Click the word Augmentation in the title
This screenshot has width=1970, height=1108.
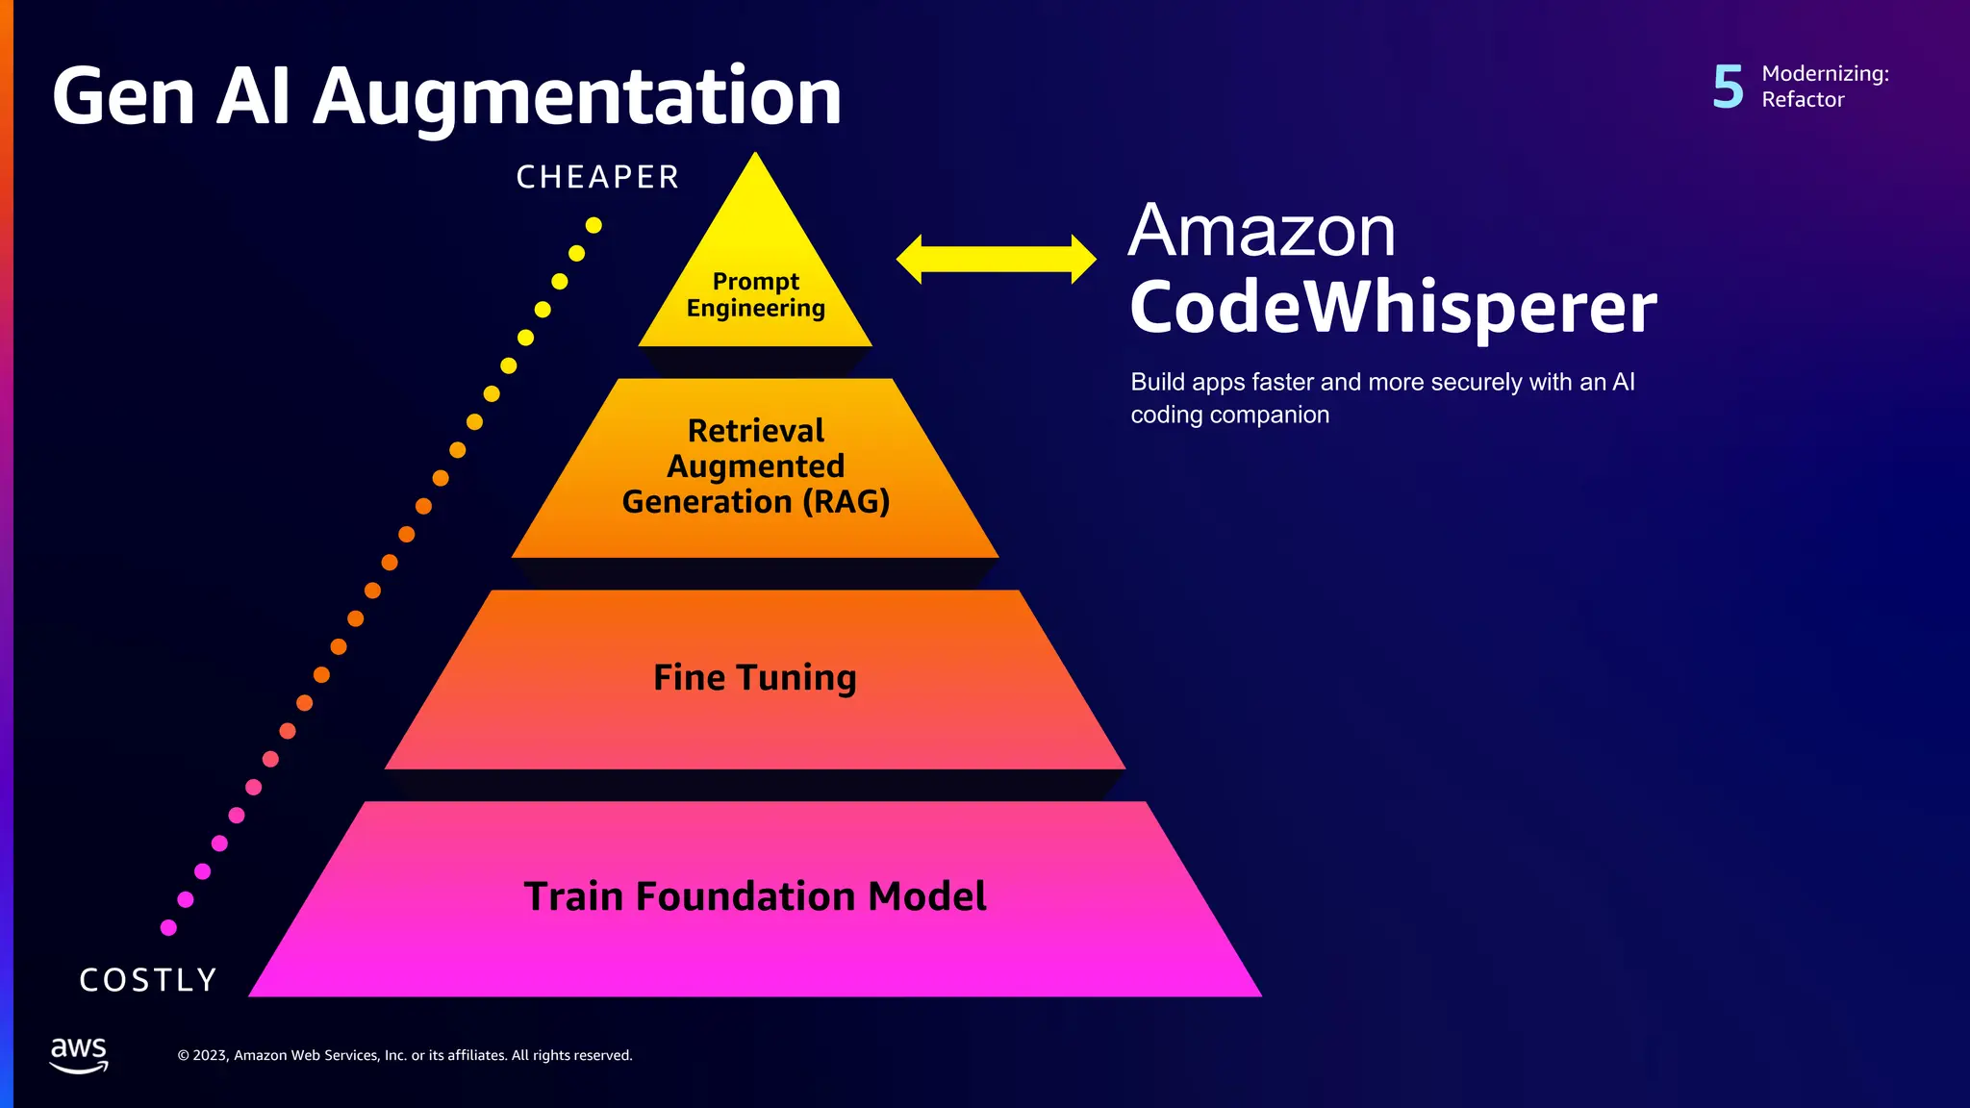pos(577,98)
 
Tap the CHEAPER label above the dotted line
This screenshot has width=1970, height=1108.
pos(597,178)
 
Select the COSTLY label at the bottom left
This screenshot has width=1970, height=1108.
pos(148,980)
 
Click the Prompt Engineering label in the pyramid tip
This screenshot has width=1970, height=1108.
pos(755,294)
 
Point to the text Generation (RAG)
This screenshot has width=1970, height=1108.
pos(755,502)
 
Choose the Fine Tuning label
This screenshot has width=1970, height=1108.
pos(755,678)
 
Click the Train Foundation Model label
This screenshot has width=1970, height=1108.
pos(755,896)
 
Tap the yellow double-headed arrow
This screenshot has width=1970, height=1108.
pos(996,259)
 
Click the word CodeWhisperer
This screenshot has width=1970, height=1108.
pos(1392,308)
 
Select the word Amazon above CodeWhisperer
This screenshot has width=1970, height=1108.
pos(1261,232)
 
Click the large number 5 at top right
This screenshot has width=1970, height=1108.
pos(1728,87)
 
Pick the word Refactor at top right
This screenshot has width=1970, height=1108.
pos(1803,100)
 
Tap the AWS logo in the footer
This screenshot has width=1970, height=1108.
pos(79,1054)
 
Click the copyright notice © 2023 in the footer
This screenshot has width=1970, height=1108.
pos(405,1055)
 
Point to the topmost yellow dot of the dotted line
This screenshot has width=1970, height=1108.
pos(594,225)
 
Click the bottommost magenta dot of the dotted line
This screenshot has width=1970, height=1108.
pos(168,927)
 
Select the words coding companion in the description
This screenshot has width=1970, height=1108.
pos(1229,415)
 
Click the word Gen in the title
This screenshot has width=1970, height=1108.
pos(123,98)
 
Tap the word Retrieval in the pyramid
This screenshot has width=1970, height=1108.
pos(755,431)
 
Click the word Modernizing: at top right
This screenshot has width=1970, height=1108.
pos(1825,74)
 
